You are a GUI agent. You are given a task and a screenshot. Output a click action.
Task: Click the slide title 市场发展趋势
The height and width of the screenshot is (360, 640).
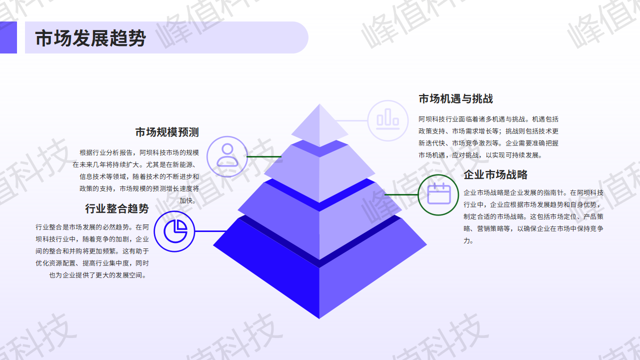click(90, 38)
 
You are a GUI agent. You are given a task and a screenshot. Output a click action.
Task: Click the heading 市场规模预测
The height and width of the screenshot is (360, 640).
click(167, 132)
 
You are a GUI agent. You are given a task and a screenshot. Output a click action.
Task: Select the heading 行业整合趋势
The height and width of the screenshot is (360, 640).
click(117, 208)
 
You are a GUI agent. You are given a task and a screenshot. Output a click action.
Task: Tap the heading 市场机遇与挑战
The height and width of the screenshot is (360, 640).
click(455, 98)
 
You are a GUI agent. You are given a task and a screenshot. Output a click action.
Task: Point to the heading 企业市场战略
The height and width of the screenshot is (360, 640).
click(495, 174)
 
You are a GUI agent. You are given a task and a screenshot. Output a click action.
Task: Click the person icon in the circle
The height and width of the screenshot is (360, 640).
click(227, 155)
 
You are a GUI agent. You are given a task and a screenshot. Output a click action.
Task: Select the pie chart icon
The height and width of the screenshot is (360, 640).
click(175, 231)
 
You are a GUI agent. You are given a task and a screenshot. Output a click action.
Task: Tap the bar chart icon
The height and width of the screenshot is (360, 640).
click(387, 119)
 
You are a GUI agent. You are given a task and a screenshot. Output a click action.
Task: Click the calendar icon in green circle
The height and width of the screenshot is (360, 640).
click(439, 193)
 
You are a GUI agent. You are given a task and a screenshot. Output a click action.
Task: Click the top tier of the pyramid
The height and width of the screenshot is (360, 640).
click(319, 125)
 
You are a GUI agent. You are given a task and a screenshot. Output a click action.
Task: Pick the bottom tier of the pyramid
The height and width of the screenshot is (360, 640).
click(319, 268)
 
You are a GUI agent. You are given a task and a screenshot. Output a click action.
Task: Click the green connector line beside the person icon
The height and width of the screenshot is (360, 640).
click(264, 156)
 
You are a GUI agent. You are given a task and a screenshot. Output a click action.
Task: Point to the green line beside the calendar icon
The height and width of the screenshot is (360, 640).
click(401, 194)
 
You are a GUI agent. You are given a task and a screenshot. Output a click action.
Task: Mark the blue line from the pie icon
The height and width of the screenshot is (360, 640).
click(211, 231)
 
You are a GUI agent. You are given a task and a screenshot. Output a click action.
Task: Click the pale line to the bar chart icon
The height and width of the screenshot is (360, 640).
click(351, 120)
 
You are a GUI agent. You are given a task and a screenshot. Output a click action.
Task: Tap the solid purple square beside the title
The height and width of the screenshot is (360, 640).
click(8, 37)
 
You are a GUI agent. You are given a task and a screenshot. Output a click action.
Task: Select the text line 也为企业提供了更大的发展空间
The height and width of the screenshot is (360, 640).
click(97, 275)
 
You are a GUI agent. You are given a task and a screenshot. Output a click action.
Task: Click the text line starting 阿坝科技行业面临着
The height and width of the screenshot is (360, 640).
click(488, 119)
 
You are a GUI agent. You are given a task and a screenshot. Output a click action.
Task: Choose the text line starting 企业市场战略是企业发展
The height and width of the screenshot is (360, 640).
click(533, 193)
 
